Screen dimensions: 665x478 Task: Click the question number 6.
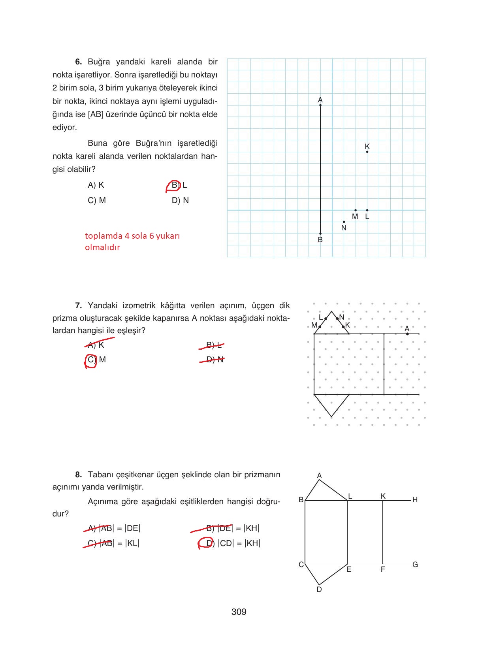[78, 62]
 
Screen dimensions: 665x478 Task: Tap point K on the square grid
[367, 152]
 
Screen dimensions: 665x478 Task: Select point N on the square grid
[344, 222]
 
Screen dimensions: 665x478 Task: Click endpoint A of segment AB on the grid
[320, 105]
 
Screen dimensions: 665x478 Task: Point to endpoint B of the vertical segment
[320, 234]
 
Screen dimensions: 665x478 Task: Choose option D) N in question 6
[180, 201]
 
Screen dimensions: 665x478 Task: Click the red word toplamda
[104, 236]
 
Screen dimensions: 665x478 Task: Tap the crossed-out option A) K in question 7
[96, 345]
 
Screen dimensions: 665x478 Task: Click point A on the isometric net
[407, 334]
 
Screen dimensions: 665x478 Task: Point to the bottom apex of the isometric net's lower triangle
[331, 416]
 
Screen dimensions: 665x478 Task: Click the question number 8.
[78, 475]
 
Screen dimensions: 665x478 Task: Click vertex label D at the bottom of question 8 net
[319, 590]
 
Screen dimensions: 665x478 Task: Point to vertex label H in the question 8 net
[415, 500]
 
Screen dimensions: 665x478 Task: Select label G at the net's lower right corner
[415, 565]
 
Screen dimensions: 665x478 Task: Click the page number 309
[239, 612]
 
